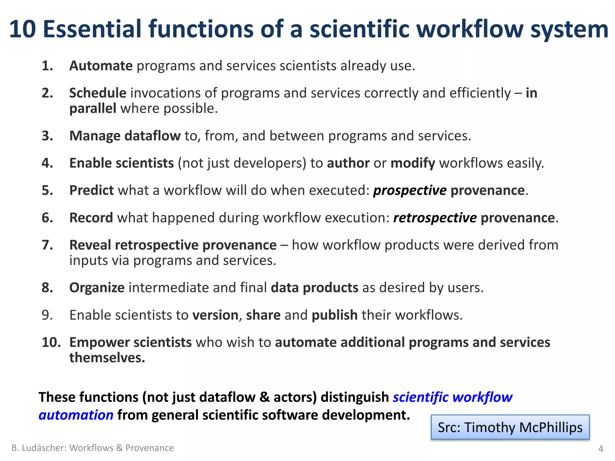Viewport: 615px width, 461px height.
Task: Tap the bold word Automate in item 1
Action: point(101,66)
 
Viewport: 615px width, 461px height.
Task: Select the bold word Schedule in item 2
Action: point(98,93)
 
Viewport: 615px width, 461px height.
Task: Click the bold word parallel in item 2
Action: point(93,108)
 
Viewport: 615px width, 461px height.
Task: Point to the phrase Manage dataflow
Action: point(125,136)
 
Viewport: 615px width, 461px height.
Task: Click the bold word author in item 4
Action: point(348,163)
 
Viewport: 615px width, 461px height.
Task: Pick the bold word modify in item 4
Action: point(413,163)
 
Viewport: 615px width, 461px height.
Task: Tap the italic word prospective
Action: point(410,191)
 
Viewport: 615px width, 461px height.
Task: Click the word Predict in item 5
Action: point(92,191)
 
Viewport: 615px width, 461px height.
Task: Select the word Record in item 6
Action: point(91,218)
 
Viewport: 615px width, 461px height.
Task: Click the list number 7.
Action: point(47,245)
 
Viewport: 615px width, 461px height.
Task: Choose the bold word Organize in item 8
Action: point(97,288)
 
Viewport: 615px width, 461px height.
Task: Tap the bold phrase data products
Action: point(314,288)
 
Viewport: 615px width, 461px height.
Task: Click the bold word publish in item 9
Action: point(335,315)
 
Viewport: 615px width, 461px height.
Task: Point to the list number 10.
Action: point(51,342)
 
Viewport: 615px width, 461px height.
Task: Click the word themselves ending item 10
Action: point(107,358)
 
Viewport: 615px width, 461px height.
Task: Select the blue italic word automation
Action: point(76,415)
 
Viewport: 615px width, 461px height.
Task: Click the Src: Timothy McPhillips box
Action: point(510,427)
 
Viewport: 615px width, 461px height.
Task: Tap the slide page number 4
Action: point(601,449)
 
